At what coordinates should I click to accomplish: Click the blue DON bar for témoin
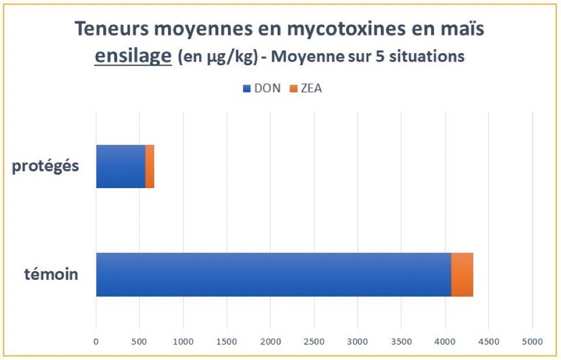click(273, 275)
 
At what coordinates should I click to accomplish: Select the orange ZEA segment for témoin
click(462, 275)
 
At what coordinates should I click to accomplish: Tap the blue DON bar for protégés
click(120, 166)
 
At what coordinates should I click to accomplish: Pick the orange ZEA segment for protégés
click(149, 166)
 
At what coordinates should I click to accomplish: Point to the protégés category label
click(45, 166)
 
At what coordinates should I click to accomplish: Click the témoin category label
click(51, 274)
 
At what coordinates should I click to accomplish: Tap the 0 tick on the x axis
click(96, 342)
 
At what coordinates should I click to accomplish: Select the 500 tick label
click(139, 342)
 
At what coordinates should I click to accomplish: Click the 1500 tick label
click(226, 342)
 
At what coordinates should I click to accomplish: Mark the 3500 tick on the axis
click(401, 342)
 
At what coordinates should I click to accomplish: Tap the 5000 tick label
click(532, 342)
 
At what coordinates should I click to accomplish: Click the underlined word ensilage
click(133, 57)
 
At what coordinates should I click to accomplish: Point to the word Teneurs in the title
click(108, 30)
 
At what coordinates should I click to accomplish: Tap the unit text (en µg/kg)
click(218, 58)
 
